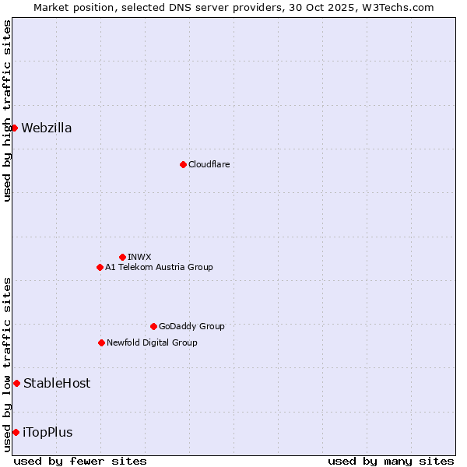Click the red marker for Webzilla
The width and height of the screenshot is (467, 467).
point(14,128)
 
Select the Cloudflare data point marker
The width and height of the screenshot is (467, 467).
point(183,164)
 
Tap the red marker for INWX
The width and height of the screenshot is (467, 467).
point(122,257)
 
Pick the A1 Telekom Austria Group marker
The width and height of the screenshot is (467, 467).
point(100,267)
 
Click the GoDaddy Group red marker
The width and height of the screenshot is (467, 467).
point(153,326)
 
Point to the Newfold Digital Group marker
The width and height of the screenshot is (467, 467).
point(101,342)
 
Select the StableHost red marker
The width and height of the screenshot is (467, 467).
point(16,383)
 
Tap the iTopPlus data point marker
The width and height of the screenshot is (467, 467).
point(16,432)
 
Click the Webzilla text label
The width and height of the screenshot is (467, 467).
point(47,128)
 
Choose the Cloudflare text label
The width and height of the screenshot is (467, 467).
point(209,164)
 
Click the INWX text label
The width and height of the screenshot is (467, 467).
point(139,257)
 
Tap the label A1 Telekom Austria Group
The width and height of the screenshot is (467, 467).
point(159,267)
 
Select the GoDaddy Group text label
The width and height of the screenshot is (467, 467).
point(191,326)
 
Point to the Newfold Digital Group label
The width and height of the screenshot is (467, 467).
point(152,342)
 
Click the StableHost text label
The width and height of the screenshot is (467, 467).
point(57,383)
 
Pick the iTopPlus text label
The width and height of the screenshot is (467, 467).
point(47,433)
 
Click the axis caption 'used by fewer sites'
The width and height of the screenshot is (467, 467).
point(80,461)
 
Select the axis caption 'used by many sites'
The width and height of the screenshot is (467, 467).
point(391,461)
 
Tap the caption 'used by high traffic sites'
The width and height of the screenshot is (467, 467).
point(7,111)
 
